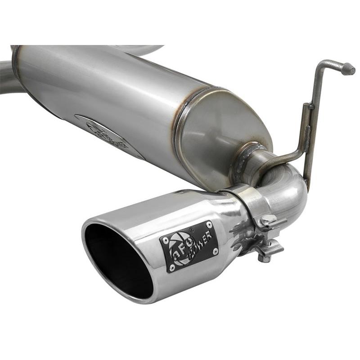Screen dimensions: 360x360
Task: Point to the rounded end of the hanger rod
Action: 348,68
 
